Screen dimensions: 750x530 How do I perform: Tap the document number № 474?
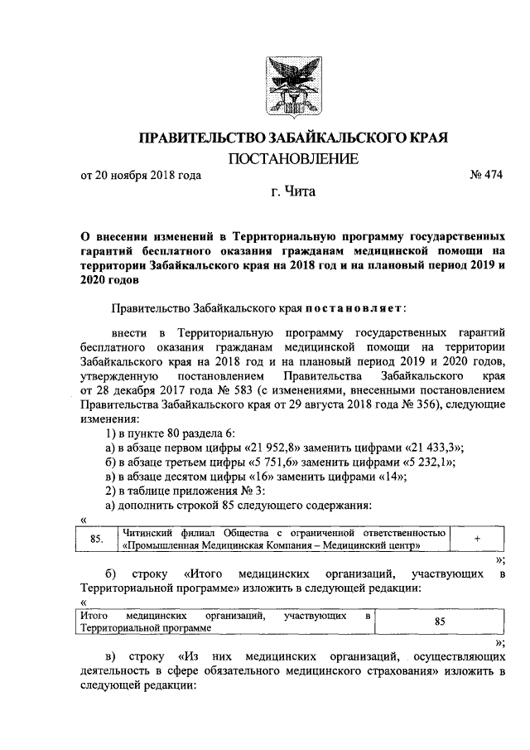point(485,175)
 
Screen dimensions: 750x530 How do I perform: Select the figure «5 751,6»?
point(242,462)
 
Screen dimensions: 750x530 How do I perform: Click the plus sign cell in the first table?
point(477,540)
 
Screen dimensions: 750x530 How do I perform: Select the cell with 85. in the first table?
point(96,540)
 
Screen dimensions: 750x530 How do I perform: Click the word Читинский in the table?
point(147,532)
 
